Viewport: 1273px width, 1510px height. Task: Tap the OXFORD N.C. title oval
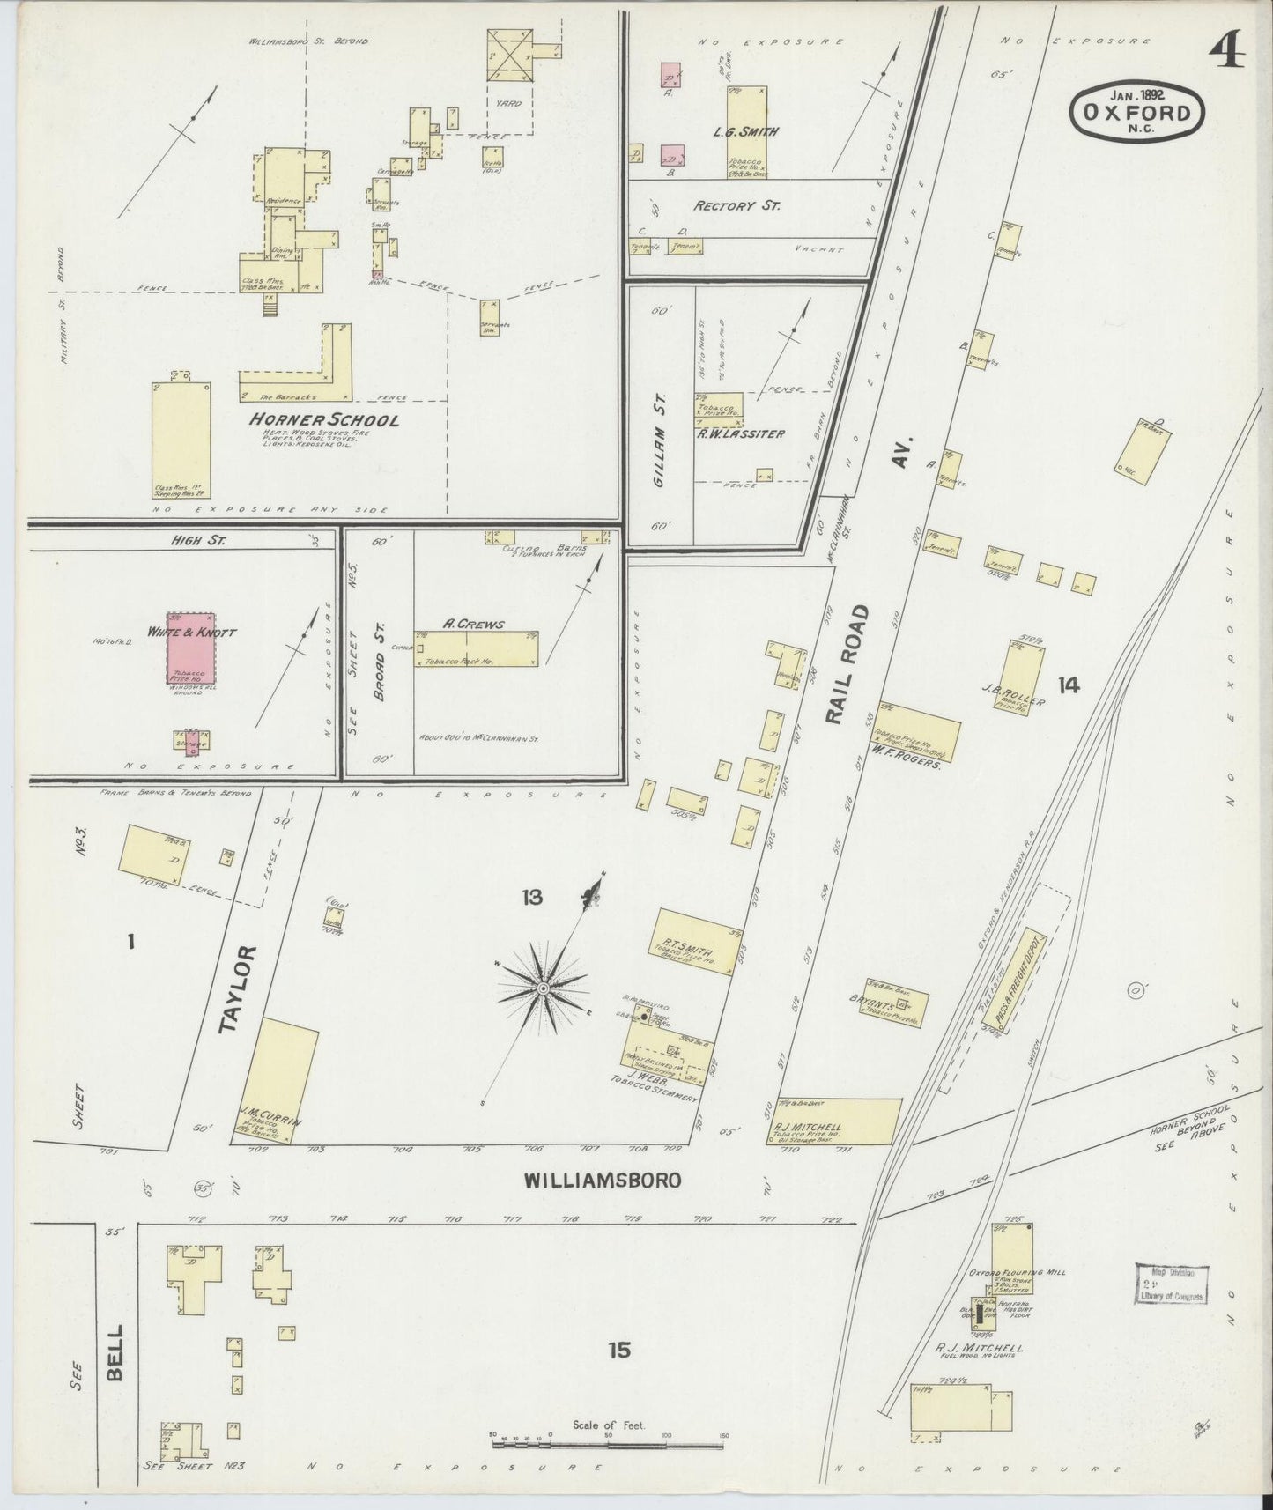pos(1137,112)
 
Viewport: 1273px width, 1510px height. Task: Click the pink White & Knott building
pos(192,649)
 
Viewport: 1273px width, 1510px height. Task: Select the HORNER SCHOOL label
pos(324,420)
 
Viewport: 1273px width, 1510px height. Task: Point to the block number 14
pos(1069,685)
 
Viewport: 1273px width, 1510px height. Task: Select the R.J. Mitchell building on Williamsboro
pos(834,1121)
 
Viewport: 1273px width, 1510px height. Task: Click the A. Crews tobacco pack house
pos(476,648)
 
